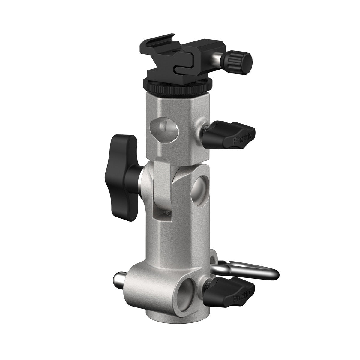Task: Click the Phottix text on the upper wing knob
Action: pos(243,140)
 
